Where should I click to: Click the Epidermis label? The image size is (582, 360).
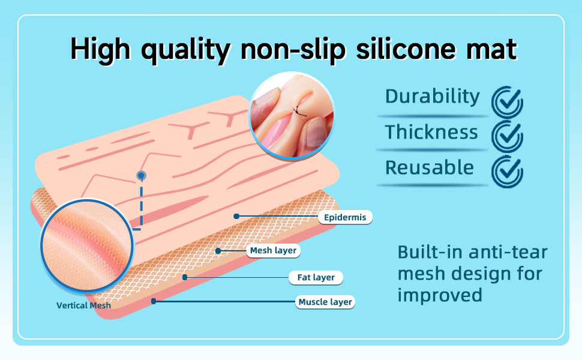345,217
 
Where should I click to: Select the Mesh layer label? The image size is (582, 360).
273,251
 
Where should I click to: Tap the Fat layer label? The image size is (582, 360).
316,277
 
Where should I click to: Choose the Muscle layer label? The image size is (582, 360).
325,302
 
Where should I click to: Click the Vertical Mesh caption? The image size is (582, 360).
83,305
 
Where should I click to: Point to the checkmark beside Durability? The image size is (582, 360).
507,101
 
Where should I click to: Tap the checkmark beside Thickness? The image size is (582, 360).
507,136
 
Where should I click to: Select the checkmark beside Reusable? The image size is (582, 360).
507,171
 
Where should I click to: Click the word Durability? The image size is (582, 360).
433,97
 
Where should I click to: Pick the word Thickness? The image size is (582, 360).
431,132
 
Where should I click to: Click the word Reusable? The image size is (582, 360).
430,167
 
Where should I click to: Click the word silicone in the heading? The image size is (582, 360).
406,49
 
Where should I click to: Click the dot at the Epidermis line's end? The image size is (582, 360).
236,216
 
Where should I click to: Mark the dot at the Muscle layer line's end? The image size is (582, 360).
154,301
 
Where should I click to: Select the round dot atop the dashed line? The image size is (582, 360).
141,176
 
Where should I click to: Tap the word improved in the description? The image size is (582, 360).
440,295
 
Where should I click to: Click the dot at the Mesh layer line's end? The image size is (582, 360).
218,251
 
